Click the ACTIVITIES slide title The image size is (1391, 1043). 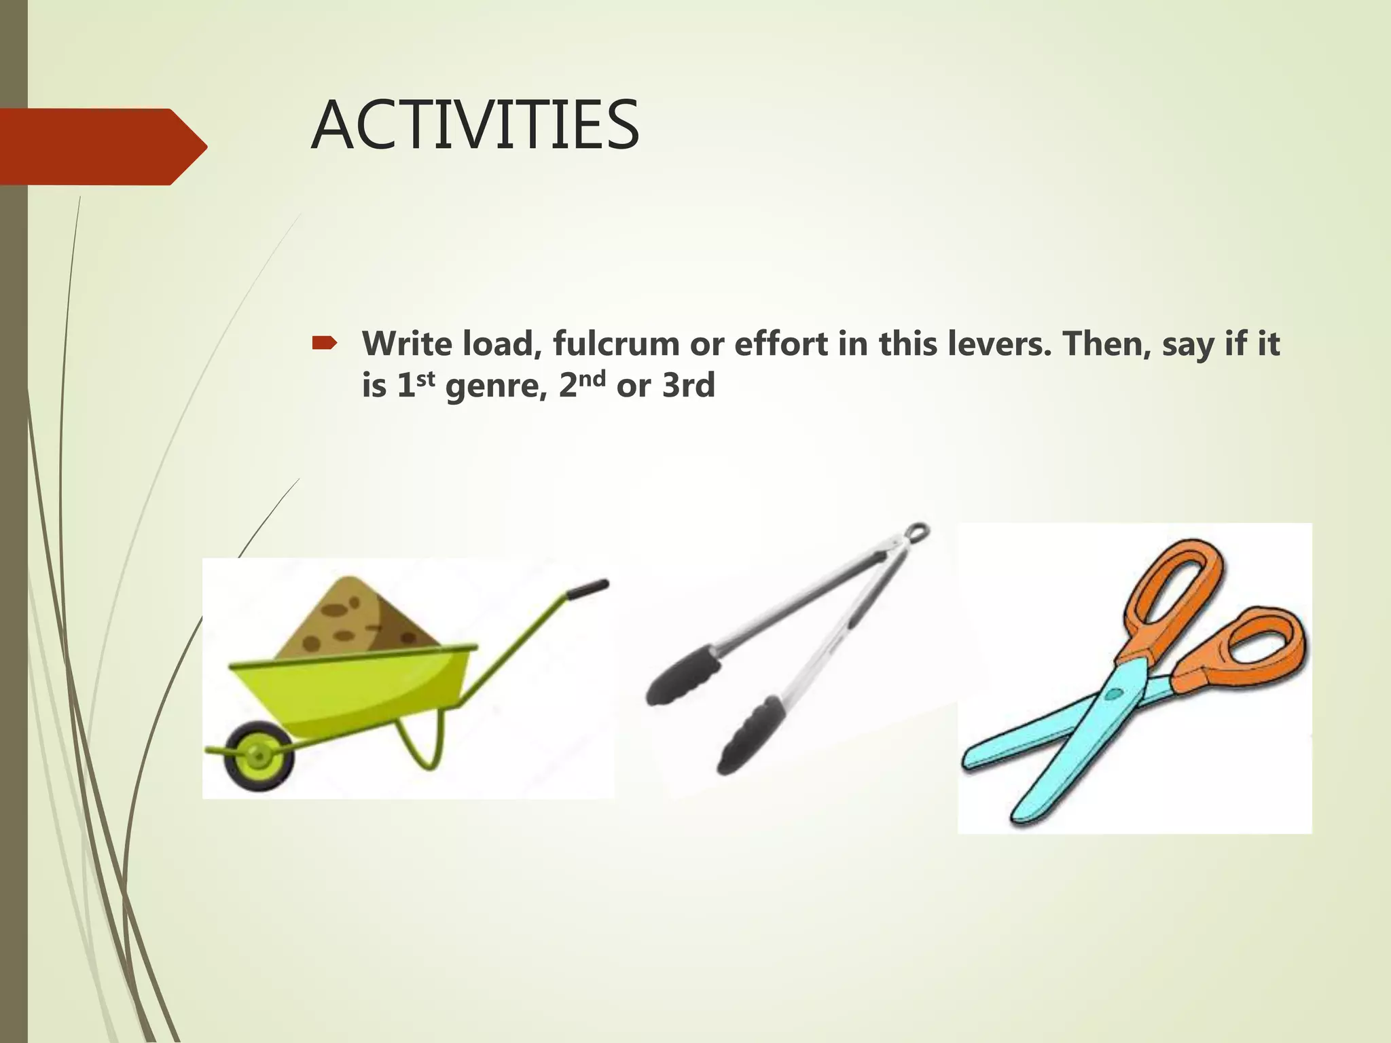(x=475, y=126)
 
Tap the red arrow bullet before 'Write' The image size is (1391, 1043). (x=324, y=344)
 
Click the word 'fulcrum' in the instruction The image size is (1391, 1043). (x=615, y=344)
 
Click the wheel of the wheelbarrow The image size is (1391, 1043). (x=259, y=755)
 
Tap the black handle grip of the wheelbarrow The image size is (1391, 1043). (x=588, y=588)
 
